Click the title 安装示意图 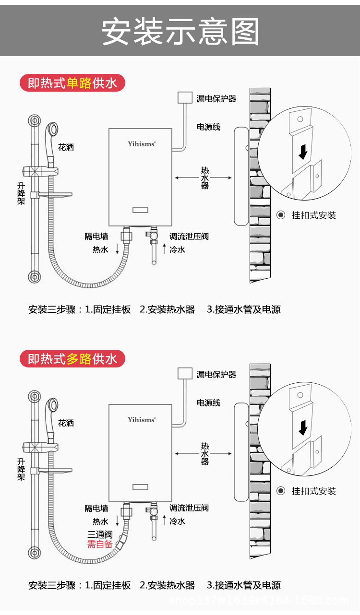(180, 32)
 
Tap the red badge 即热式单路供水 (72, 83)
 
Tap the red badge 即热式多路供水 (72, 359)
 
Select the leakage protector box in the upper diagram (184, 97)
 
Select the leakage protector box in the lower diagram (184, 373)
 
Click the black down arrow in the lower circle (303, 428)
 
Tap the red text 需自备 (100, 544)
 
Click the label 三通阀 (100, 534)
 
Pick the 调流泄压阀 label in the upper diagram (189, 237)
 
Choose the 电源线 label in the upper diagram (209, 127)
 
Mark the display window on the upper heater (141, 210)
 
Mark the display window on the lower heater (141, 486)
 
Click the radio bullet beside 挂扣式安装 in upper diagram (281, 215)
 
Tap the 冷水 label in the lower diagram (177, 521)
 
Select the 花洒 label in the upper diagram (66, 147)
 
